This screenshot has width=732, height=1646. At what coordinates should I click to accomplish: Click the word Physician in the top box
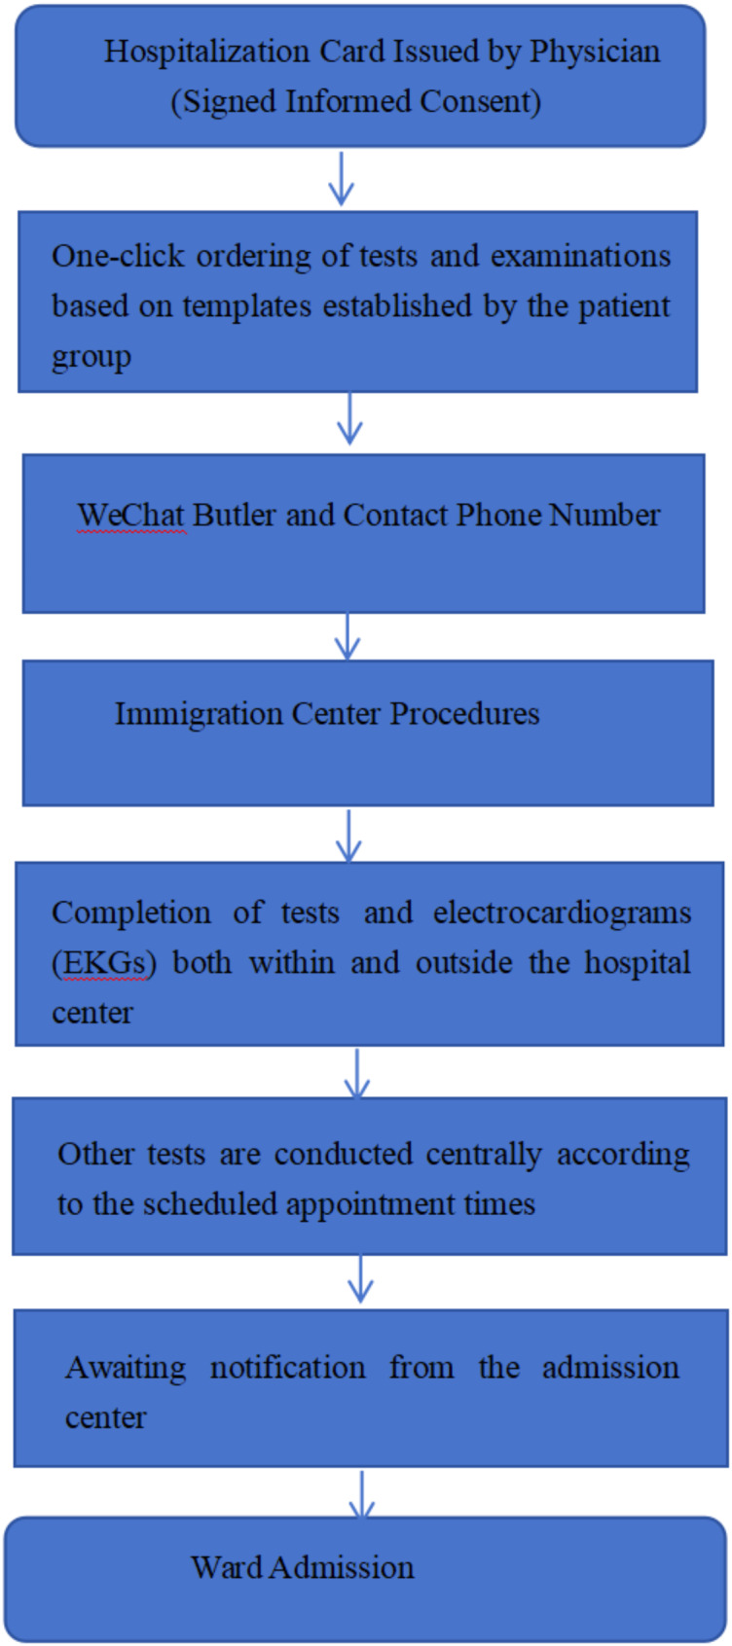(595, 53)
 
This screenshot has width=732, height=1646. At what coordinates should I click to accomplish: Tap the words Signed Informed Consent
(355, 101)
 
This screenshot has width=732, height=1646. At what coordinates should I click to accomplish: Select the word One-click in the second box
(119, 257)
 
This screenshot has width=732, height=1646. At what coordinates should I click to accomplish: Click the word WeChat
(131, 516)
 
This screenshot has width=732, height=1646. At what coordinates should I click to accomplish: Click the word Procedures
(464, 714)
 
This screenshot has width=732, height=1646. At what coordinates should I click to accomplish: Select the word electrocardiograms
(563, 913)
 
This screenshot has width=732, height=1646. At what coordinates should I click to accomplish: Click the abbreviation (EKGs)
(103, 963)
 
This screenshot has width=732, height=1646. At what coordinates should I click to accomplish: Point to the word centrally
(485, 1155)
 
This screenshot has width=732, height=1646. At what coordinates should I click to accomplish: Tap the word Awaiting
(126, 1369)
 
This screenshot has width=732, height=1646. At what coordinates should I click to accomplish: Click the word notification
(287, 1368)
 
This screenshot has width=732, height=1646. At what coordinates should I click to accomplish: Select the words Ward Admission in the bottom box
(303, 1567)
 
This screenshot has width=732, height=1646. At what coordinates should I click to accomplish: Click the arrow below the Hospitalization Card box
(341, 179)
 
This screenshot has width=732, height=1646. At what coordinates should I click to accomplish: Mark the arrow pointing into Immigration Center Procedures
(347, 636)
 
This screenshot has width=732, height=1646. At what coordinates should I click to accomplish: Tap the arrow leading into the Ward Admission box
(361, 1494)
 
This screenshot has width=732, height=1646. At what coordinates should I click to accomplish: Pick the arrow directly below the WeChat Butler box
(347, 636)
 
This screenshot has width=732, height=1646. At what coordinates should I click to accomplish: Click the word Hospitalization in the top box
(206, 53)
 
